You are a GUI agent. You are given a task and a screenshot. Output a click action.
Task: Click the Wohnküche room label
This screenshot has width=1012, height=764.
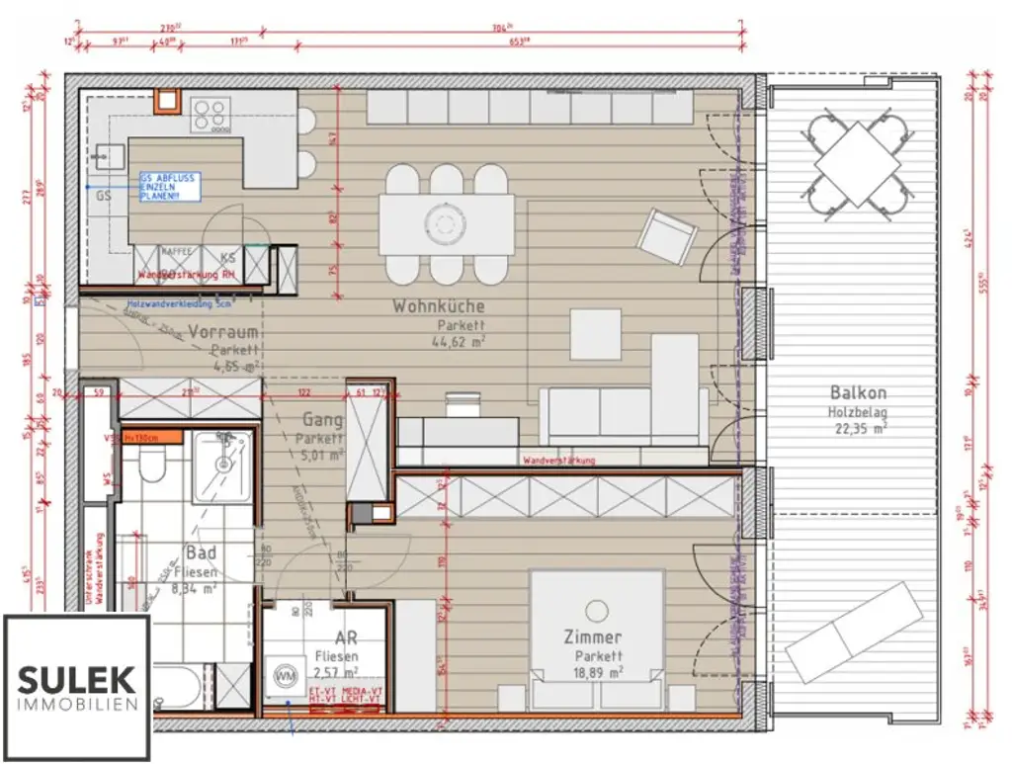[x=439, y=306]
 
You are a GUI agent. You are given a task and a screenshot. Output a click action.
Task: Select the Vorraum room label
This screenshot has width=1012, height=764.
[x=223, y=332]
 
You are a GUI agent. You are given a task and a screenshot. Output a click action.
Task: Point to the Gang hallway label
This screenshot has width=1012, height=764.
[x=322, y=419]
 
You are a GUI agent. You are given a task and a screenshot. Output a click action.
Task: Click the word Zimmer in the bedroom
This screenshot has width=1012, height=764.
[x=594, y=637]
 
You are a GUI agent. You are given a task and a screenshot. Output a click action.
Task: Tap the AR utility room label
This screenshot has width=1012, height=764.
[x=346, y=638]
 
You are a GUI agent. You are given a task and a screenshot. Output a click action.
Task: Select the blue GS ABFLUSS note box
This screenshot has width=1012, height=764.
[x=169, y=187]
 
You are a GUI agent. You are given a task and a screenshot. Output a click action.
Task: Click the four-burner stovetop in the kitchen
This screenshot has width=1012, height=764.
[x=210, y=115]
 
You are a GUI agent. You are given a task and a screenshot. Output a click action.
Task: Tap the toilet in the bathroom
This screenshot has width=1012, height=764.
[x=152, y=466]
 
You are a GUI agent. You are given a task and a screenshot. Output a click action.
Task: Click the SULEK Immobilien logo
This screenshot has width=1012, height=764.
[x=77, y=687]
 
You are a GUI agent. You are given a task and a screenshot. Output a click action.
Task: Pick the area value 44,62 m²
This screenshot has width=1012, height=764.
[x=457, y=341]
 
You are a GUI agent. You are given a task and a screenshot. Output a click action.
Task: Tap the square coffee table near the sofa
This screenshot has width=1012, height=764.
[x=595, y=334]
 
